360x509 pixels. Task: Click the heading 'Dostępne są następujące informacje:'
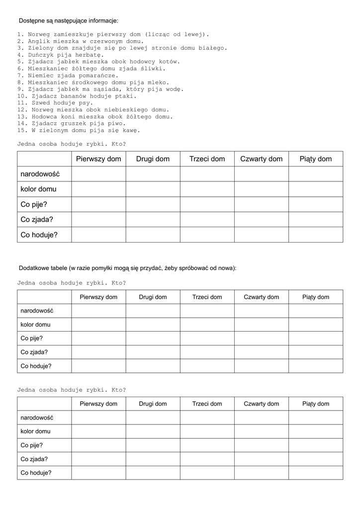coord(68,21)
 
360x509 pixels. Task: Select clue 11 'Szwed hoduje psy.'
coord(55,103)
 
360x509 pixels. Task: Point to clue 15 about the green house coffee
coord(79,131)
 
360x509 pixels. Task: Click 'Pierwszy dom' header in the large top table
coord(98,159)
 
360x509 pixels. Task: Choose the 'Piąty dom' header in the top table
coord(315,159)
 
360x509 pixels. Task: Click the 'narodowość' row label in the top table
coord(40,174)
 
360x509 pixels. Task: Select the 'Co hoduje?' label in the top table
coord(39,235)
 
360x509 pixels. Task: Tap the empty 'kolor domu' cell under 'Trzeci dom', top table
coord(207,189)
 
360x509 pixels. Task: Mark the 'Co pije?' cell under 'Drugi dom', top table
coord(153,204)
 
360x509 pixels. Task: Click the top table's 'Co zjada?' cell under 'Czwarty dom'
coord(261,219)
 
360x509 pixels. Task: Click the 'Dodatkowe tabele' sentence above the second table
coord(127,268)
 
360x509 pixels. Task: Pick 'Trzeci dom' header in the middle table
coord(207,297)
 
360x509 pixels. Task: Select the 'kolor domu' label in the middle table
coord(35,325)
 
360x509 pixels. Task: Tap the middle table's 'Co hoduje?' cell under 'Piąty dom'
coord(315,366)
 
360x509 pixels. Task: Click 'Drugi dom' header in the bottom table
coord(153,404)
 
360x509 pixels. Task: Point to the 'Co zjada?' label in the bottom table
coord(34,459)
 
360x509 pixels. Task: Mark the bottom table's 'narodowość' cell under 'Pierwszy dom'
coord(98,418)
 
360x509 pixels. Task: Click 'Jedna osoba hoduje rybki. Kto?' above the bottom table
coord(72,390)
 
